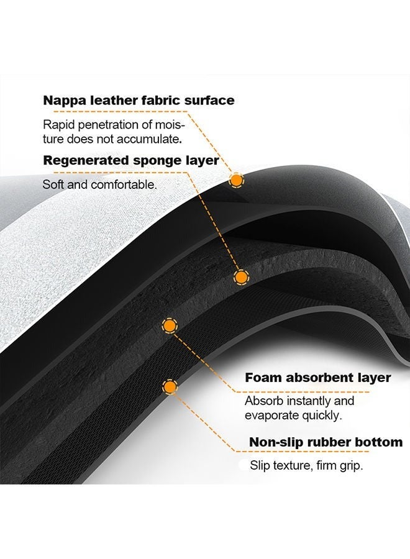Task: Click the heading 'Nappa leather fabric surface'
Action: coord(139,101)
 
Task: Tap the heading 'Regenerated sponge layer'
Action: coord(131,160)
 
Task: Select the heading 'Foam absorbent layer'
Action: coord(318,378)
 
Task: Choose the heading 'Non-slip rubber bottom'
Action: coord(326,442)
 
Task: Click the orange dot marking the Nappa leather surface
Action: coord(235,180)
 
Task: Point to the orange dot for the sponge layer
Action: coord(242,277)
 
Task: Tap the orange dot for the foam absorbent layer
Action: coord(170,325)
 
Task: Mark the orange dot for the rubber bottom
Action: coord(170,387)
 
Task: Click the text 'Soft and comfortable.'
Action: coord(99,184)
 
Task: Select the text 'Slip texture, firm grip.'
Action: coord(306,466)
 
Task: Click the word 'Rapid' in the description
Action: coord(59,125)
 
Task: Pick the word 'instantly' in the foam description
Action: coord(310,401)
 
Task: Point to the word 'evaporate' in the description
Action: coord(271,416)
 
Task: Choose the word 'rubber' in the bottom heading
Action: coord(329,442)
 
